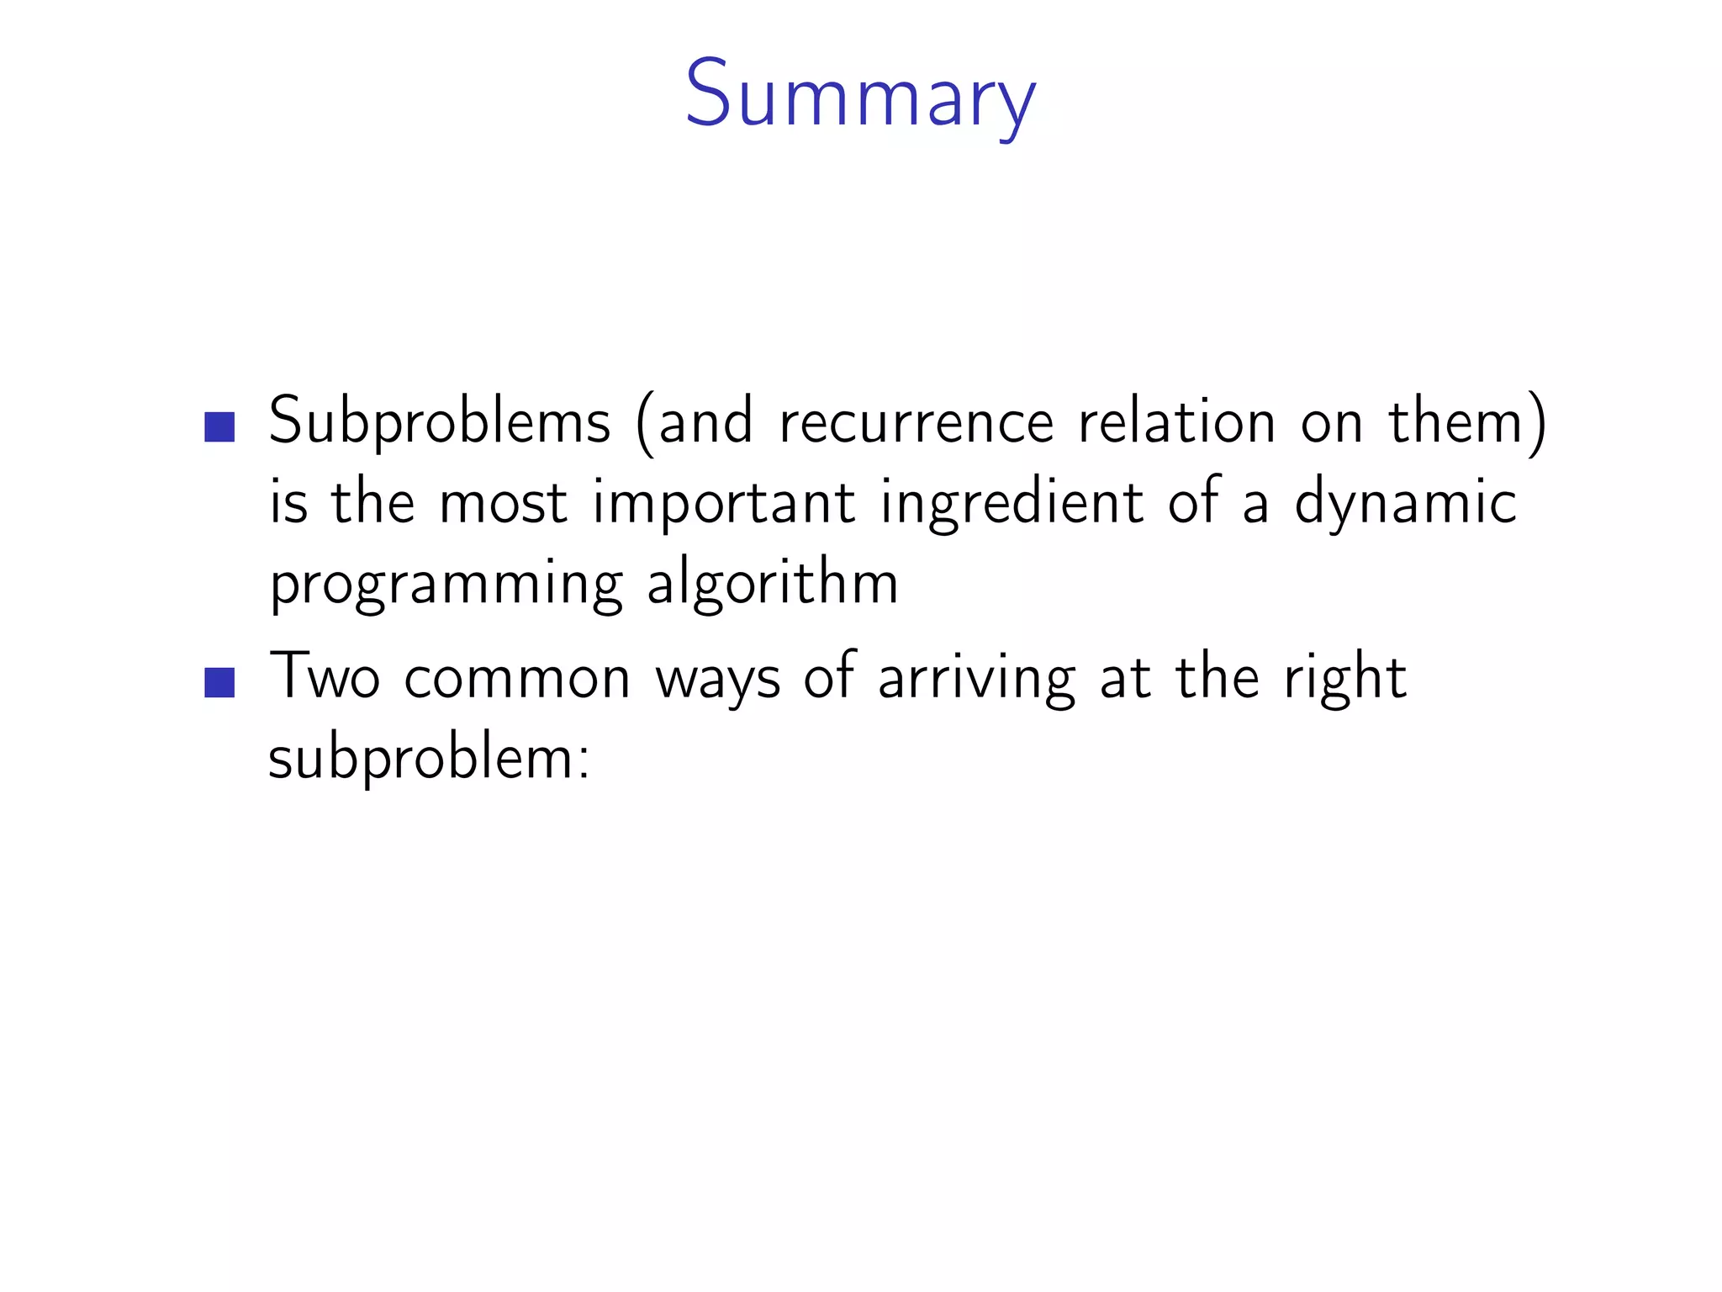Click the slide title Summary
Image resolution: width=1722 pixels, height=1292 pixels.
(860, 94)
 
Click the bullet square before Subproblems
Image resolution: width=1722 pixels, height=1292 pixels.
(219, 426)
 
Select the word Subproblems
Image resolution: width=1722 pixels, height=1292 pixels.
(439, 422)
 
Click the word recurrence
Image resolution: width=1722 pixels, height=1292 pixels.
(916, 422)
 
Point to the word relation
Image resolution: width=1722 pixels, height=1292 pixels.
(1177, 422)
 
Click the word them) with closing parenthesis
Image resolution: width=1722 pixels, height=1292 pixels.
(1467, 422)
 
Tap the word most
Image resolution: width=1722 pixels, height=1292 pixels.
(503, 503)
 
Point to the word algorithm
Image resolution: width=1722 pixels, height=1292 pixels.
(773, 584)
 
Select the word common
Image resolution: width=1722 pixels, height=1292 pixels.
(517, 678)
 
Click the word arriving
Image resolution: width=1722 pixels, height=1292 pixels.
(977, 678)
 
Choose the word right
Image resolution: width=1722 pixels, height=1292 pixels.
(1344, 678)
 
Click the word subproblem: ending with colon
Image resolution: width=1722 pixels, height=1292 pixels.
(429, 759)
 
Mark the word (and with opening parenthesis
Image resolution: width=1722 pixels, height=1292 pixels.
(695, 422)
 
